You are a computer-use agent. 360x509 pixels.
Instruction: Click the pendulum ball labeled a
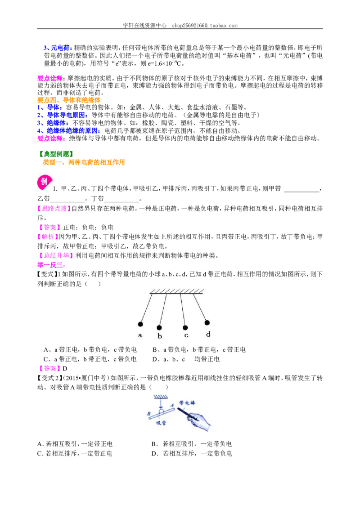coord(140,324)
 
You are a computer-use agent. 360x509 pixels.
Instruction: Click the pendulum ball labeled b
coord(159,327)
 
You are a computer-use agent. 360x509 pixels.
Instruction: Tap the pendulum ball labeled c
coord(185,327)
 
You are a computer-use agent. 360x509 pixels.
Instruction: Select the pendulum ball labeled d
coord(207,323)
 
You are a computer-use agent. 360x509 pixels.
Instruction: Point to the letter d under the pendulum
coord(208,334)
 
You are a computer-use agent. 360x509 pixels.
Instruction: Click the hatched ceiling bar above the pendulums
coord(177,291)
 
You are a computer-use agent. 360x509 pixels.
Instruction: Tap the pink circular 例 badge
coord(45,182)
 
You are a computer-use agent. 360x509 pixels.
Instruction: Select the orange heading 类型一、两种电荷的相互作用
coord(84,162)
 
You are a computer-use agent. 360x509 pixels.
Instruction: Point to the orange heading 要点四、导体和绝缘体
coord(69,100)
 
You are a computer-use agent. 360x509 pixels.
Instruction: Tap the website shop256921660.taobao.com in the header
coord(205,25)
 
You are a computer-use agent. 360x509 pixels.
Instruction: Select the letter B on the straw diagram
coord(149,414)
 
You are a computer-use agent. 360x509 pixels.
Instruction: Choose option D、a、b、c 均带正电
coord(186,359)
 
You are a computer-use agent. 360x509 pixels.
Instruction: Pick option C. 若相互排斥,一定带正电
coord(75,454)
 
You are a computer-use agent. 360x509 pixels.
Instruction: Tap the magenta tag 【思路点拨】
coord(54,209)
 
